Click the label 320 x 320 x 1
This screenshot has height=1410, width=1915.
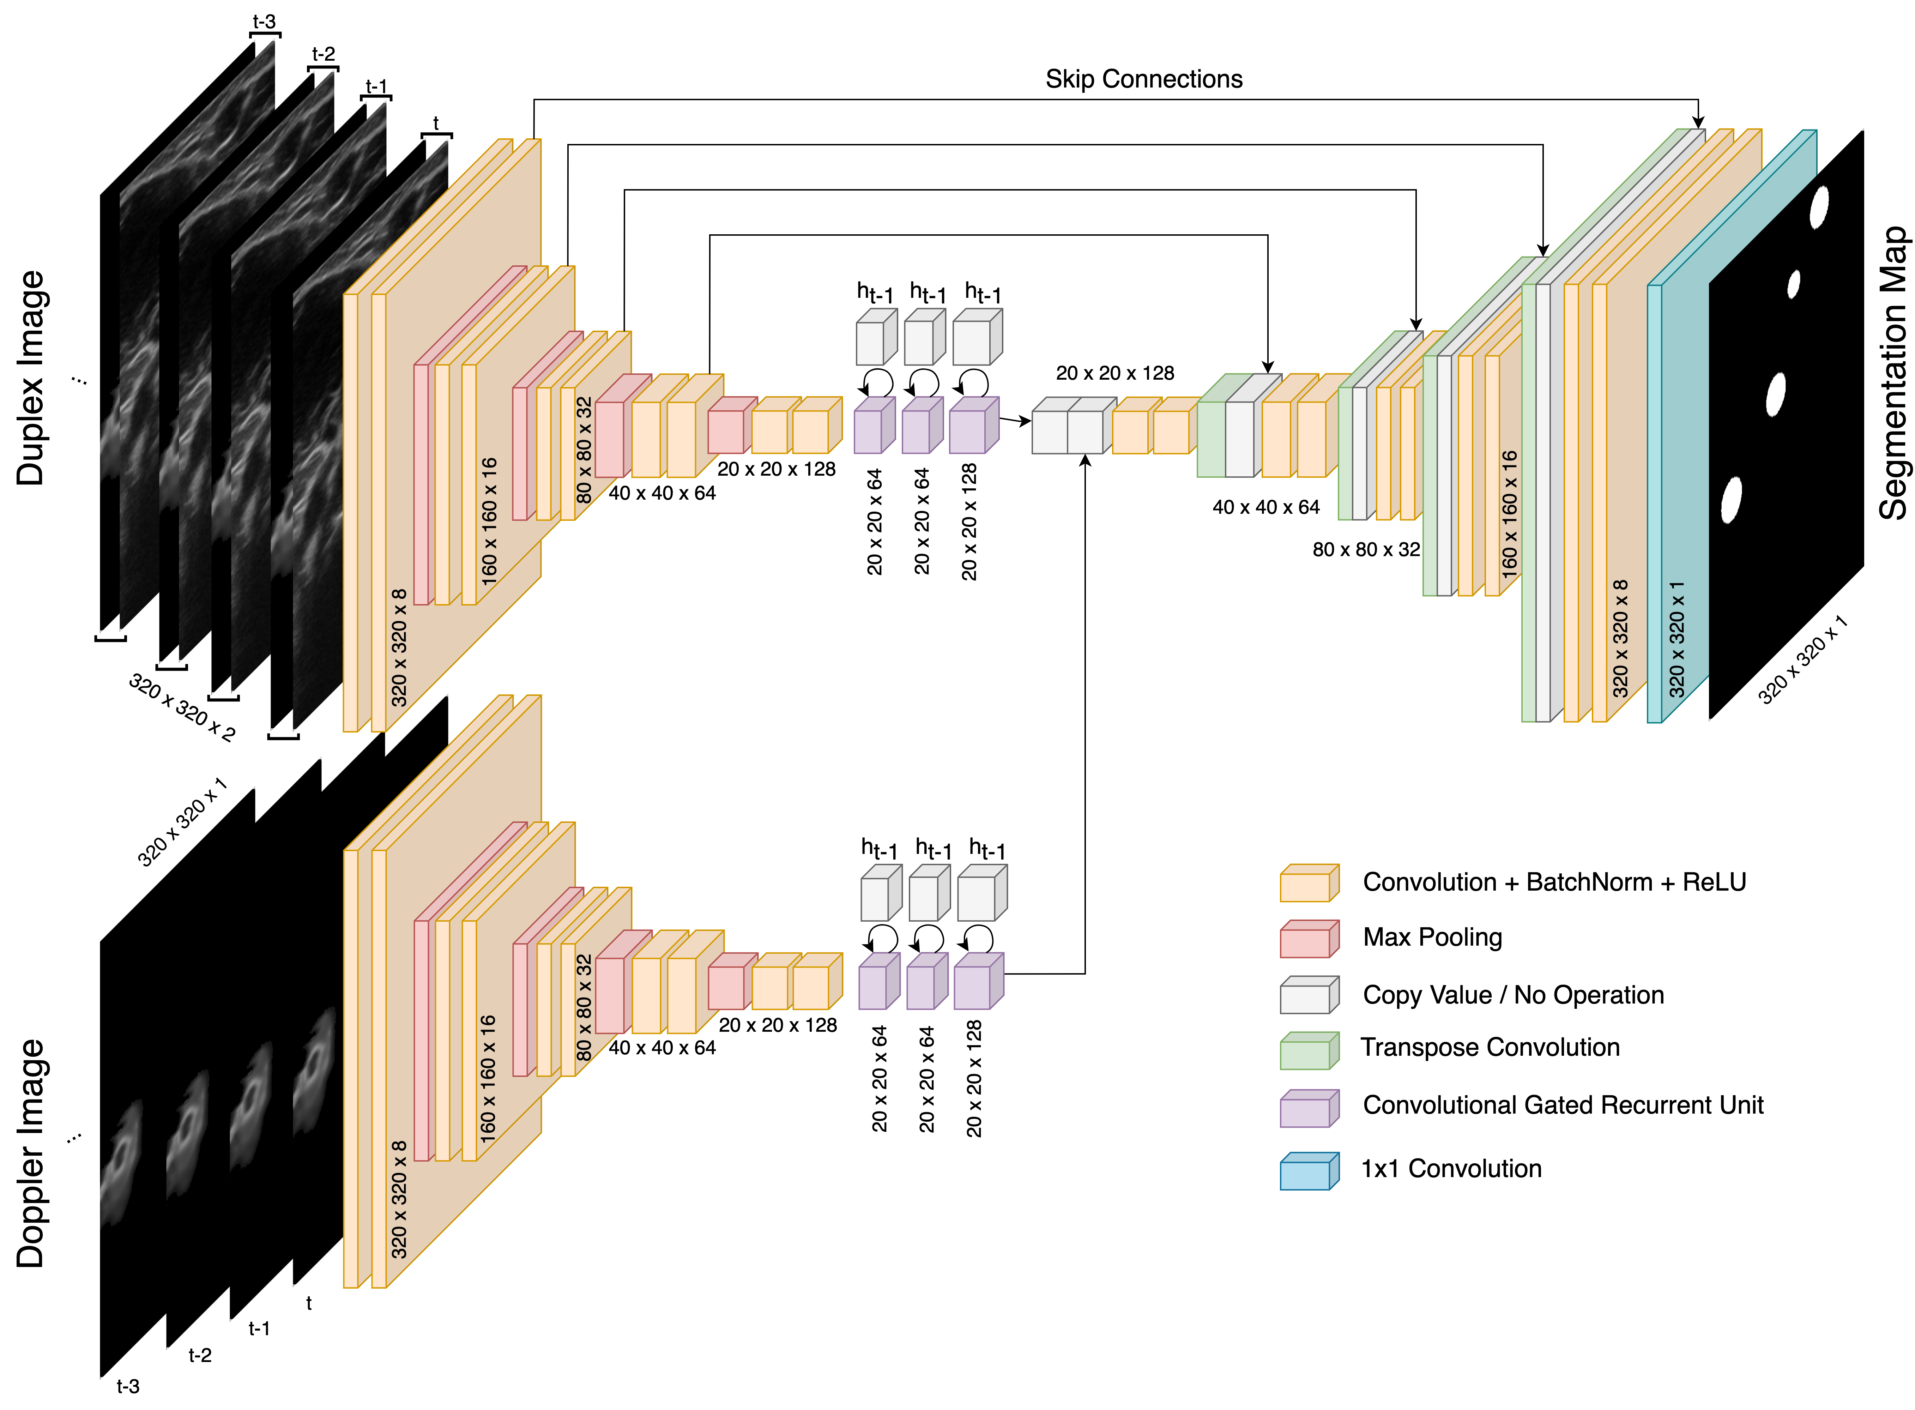click(1677, 638)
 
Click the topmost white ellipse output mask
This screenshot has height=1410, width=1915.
click(1819, 207)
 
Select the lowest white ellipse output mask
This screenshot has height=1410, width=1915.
click(1731, 500)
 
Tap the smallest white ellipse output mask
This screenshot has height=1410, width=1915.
click(1794, 284)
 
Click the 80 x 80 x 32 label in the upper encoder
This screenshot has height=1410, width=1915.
click(584, 450)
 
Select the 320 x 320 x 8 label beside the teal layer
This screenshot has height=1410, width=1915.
click(1620, 638)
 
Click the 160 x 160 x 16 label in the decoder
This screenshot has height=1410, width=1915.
click(1510, 514)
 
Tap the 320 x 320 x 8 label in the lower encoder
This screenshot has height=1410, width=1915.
click(399, 1199)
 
